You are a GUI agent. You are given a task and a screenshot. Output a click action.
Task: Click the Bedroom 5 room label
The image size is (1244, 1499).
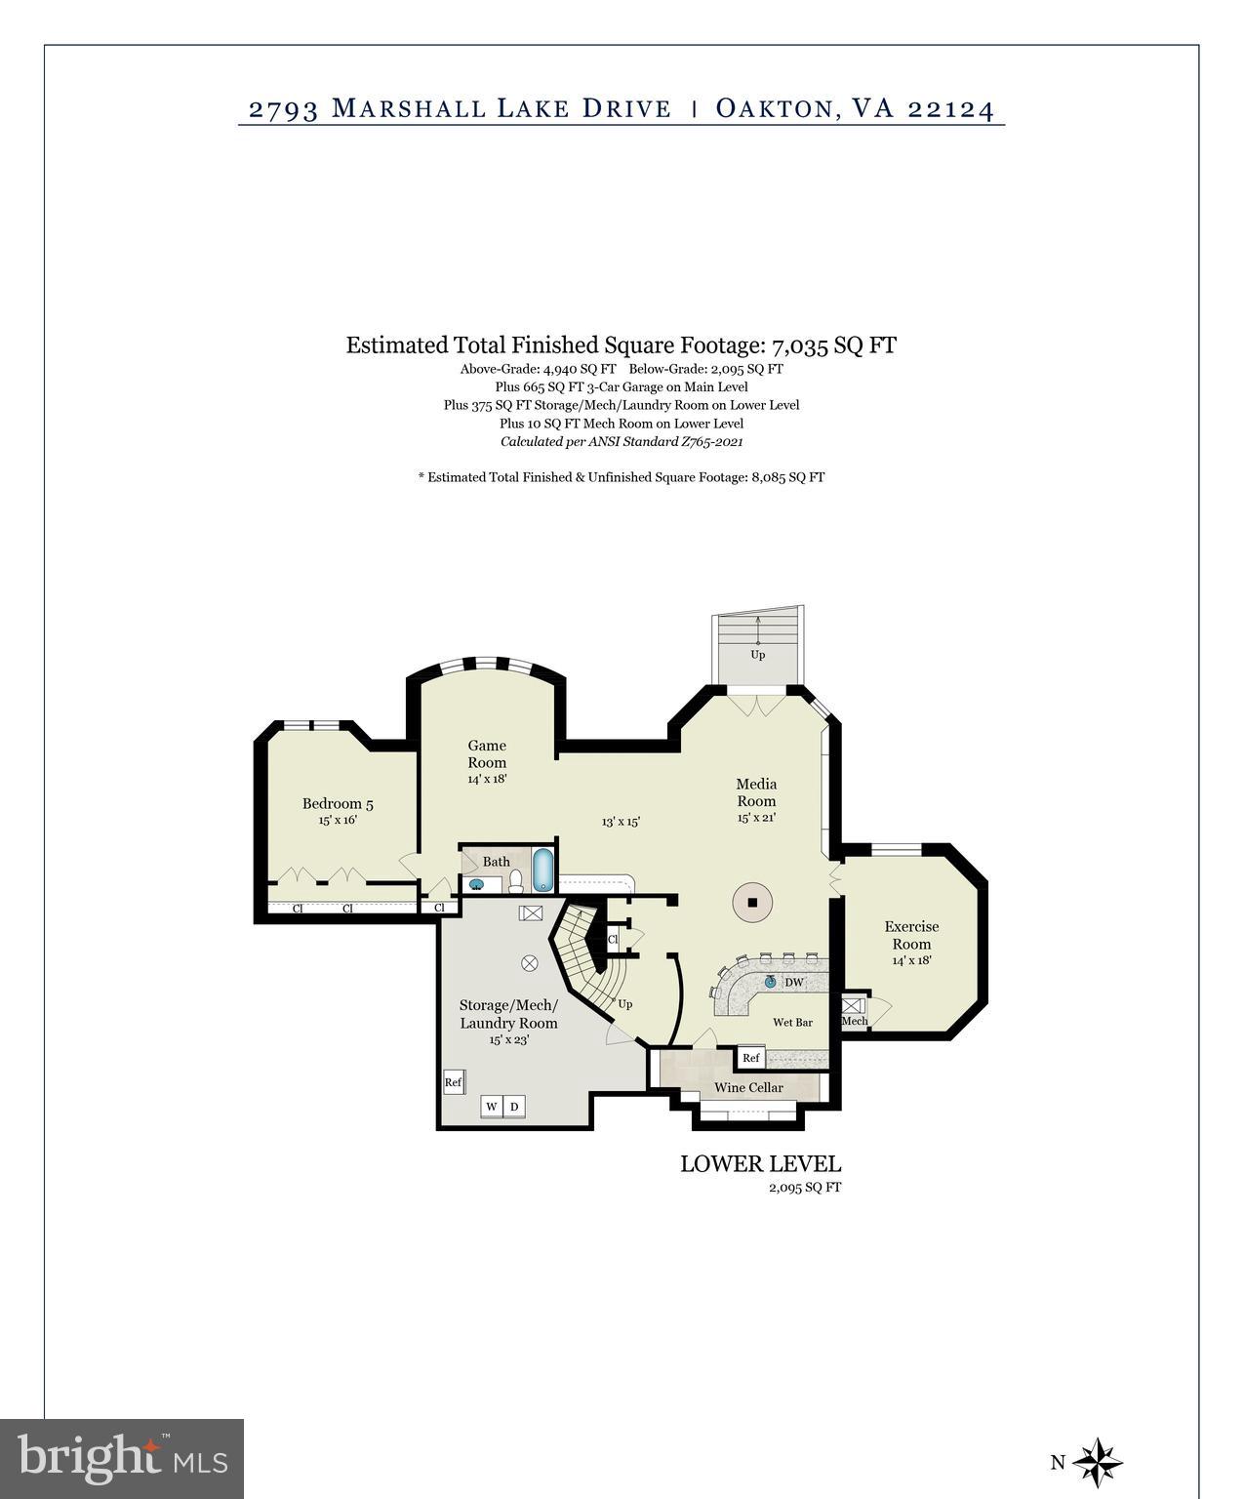click(338, 804)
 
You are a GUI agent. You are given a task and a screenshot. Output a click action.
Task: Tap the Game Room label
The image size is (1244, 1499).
click(487, 754)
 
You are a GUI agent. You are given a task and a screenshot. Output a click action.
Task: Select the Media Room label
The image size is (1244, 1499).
click(756, 792)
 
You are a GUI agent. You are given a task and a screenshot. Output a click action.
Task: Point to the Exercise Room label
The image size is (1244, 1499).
click(911, 935)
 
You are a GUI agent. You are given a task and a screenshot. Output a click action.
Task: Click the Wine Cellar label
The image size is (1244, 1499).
click(748, 1087)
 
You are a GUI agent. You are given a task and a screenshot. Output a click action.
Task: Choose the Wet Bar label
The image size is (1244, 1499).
click(792, 1023)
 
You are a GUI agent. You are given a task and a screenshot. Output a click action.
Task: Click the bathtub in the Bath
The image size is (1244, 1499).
click(543, 871)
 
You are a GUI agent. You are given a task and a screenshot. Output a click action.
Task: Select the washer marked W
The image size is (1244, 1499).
click(492, 1106)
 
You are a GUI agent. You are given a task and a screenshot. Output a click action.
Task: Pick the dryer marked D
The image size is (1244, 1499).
click(514, 1106)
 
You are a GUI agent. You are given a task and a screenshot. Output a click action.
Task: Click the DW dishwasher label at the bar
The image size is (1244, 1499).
click(794, 983)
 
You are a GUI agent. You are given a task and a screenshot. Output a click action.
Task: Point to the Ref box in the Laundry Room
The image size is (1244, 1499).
click(453, 1082)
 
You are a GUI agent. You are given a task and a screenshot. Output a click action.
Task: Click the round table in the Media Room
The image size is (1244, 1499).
click(752, 903)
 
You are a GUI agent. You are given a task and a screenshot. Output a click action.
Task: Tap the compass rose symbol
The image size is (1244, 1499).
click(1099, 1462)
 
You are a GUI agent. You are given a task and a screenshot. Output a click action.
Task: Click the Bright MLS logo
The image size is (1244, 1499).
click(122, 1459)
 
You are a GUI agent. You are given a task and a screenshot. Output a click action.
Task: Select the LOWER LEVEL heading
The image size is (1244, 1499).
click(760, 1163)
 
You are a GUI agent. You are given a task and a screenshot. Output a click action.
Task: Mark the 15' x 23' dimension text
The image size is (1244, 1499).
click(508, 1040)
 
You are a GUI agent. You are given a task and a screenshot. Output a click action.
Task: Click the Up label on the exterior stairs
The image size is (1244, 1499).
click(757, 655)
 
